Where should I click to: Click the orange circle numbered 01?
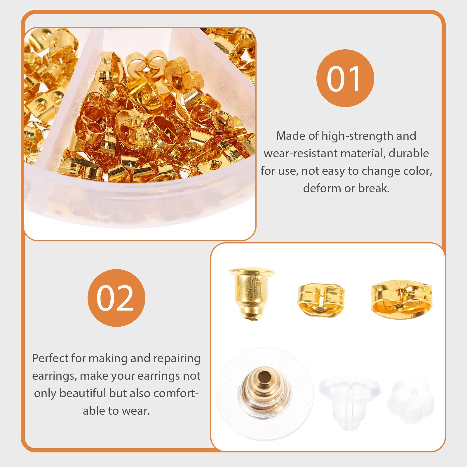[x=345, y=78]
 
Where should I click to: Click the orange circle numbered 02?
[x=116, y=298]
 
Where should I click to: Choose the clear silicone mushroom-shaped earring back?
[x=349, y=401]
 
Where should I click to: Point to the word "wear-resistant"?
[x=301, y=154]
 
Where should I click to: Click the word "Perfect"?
[x=50, y=358]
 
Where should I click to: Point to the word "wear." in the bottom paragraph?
[x=136, y=411]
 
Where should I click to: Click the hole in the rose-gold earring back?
[x=264, y=376]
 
